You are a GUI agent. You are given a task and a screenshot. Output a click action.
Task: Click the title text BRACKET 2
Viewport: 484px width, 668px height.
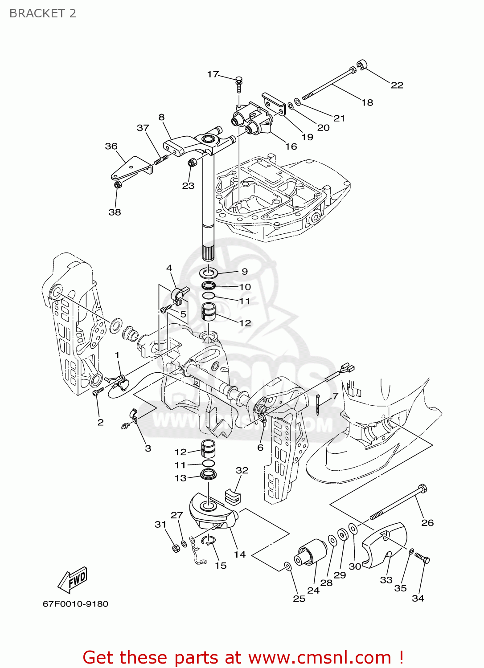[43, 13]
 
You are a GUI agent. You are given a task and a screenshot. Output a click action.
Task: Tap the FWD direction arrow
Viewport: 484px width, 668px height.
[73, 580]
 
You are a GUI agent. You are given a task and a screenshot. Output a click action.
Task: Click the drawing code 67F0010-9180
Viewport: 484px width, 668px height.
[75, 604]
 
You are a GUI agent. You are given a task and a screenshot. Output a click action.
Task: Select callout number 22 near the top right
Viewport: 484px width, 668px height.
[397, 85]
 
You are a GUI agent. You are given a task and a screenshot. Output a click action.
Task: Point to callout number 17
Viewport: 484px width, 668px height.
[213, 74]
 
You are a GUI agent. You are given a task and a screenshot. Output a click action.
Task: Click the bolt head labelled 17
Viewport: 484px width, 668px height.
[239, 81]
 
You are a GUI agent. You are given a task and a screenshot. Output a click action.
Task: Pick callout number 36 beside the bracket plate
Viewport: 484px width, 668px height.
[111, 146]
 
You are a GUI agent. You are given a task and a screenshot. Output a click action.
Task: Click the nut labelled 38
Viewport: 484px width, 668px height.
[118, 184]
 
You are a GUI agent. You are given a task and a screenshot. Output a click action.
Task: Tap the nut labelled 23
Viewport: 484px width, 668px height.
[192, 163]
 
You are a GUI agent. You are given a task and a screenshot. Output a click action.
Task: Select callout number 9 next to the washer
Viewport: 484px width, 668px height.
[244, 271]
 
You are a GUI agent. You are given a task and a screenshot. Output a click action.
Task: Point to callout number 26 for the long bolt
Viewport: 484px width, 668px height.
[427, 522]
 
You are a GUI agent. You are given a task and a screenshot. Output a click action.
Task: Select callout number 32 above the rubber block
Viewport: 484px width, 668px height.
[242, 470]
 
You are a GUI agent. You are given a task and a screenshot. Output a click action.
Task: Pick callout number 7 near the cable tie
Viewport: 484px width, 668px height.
[335, 395]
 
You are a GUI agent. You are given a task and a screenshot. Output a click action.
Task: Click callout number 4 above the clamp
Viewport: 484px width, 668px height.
[169, 268]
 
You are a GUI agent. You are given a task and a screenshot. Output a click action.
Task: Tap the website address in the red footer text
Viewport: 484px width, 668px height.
[320, 657]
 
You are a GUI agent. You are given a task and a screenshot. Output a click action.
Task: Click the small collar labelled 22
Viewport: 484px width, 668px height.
[363, 65]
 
